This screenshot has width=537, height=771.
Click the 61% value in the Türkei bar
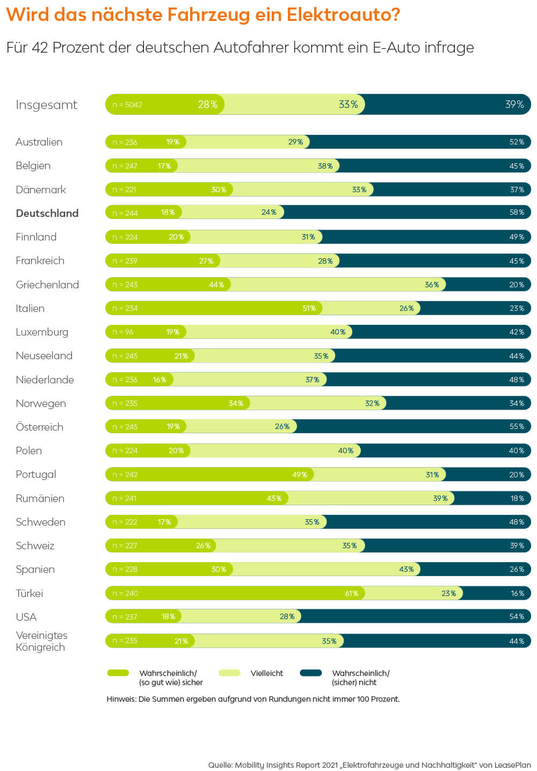click(x=352, y=593)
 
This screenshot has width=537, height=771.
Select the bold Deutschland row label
click(x=47, y=213)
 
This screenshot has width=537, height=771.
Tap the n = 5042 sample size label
click(x=127, y=105)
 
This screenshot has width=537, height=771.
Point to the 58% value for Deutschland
click(x=517, y=213)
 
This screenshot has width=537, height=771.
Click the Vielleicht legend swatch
click(x=229, y=673)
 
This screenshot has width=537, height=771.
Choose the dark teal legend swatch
click(x=311, y=673)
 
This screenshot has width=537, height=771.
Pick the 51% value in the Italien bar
click(x=309, y=308)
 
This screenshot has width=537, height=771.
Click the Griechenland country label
click(x=47, y=285)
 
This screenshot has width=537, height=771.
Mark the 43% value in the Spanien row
click(x=407, y=569)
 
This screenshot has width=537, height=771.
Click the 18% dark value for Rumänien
click(x=517, y=498)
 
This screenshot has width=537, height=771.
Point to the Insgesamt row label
click(x=47, y=105)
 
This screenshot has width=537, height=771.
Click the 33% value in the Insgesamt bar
click(x=348, y=105)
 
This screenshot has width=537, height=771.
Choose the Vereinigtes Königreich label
click(x=41, y=641)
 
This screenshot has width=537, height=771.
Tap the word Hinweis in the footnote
click(x=121, y=699)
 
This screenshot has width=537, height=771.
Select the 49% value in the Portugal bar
click(x=300, y=475)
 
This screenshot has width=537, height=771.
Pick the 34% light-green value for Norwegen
click(x=236, y=403)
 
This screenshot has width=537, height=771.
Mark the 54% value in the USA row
click(x=517, y=617)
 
